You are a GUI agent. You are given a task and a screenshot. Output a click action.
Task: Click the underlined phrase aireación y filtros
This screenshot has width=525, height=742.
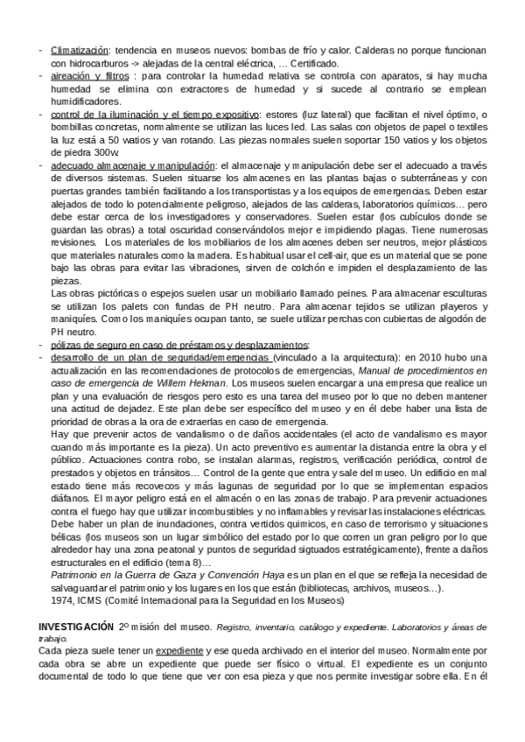point(88,76)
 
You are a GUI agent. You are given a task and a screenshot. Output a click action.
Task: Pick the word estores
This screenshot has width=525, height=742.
point(281,115)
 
